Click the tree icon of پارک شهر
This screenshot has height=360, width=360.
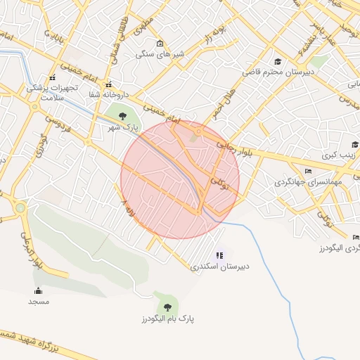click(x=122, y=115)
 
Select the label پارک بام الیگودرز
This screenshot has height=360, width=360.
click(x=167, y=319)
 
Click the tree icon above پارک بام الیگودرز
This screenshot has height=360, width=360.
click(x=167, y=307)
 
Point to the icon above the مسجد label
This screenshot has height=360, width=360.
click(x=38, y=290)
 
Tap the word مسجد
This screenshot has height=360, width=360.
click(x=38, y=301)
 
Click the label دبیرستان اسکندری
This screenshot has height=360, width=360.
click(x=219, y=267)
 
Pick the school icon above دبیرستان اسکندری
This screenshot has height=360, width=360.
click(x=219, y=255)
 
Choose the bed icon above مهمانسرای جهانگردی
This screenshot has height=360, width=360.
click(x=308, y=171)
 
